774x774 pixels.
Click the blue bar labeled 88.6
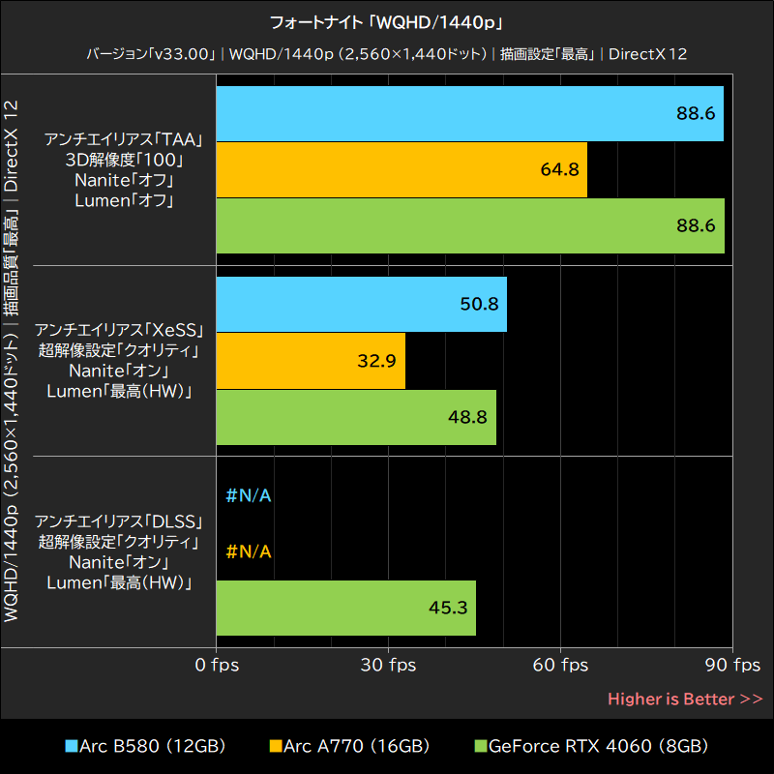tap(469, 114)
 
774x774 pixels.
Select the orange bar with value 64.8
tap(402, 170)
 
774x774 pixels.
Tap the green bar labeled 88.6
tap(469, 226)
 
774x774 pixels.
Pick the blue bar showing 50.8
tap(361, 305)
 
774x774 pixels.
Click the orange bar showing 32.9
tap(311, 361)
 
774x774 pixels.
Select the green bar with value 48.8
tap(356, 417)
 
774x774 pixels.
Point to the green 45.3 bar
tap(345, 608)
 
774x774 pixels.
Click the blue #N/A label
tap(249, 496)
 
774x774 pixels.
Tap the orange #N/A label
tap(249, 551)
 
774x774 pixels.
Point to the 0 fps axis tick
tap(216, 666)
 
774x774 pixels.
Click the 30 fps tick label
tap(388, 666)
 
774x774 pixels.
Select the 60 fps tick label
tap(560, 666)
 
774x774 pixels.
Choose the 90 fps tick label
tap(732, 666)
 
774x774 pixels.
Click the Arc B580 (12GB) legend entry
tap(145, 746)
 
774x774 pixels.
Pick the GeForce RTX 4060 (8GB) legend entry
tap(590, 746)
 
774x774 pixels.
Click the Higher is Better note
tap(685, 699)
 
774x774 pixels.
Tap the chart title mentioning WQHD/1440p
tap(387, 21)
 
